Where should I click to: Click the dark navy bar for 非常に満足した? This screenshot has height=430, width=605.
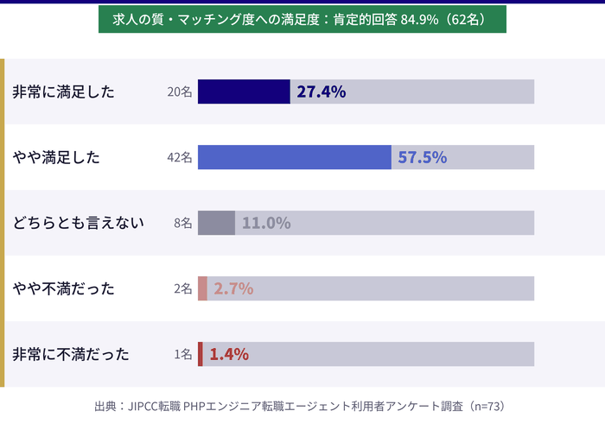tap(244, 92)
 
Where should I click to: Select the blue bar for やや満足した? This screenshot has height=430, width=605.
tap(294, 157)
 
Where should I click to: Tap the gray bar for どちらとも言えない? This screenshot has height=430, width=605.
tap(216, 223)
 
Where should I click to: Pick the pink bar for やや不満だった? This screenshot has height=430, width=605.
tap(202, 288)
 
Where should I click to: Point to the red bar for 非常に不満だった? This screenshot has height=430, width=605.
tap(201, 354)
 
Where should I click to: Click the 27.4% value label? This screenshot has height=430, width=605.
tap(322, 92)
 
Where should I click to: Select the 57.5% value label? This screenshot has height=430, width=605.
tap(422, 157)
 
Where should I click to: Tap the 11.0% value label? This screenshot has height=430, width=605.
tap(266, 223)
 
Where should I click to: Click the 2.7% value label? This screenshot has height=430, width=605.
tap(233, 288)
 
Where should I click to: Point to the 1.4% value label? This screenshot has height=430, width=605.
tap(229, 354)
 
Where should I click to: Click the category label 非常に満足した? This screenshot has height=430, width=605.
tap(64, 92)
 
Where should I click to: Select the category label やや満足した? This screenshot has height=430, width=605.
tap(56, 157)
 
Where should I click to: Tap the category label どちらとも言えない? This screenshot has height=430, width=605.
tap(78, 223)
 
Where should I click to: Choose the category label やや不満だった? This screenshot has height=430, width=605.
tap(64, 288)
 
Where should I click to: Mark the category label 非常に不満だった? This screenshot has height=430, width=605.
tap(71, 354)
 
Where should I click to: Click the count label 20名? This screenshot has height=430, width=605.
tap(180, 92)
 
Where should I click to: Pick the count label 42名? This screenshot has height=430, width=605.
tap(180, 157)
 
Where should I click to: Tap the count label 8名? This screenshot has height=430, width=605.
tap(183, 223)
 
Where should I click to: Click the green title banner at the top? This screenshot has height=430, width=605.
tap(302, 20)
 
